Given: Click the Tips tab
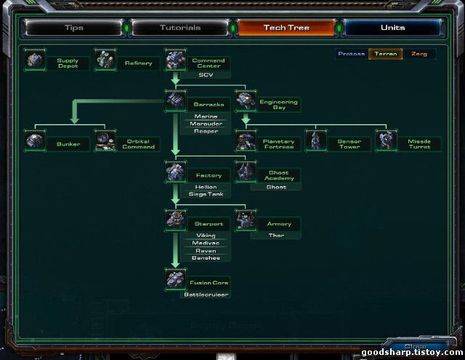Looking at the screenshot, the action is (74, 28).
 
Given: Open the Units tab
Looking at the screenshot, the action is (393, 28).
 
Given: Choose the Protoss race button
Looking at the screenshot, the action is (352, 54).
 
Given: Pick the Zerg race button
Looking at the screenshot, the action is (419, 54).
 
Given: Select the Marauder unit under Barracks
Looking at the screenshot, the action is (206, 124).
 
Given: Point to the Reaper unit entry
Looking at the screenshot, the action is (206, 131).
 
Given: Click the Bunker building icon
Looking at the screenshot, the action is (35, 140).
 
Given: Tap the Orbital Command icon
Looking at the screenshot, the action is (105, 140).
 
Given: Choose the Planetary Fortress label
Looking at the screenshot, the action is (278, 144).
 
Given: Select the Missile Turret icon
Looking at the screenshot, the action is (387, 140).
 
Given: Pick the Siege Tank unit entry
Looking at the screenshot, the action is (206, 194).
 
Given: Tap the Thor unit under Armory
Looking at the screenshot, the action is (277, 235).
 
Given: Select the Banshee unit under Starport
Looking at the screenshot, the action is (206, 257).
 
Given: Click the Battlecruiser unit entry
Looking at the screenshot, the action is (206, 295).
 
